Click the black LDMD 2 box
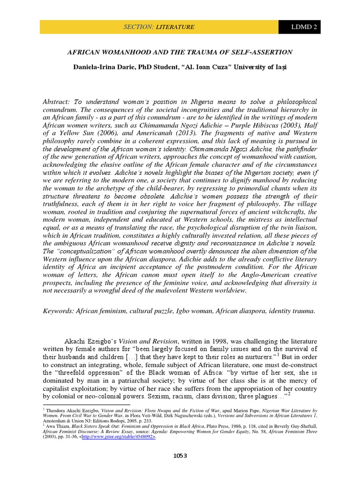[x=300, y=27]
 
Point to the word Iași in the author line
[x=279, y=67]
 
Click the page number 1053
[x=180, y=456]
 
